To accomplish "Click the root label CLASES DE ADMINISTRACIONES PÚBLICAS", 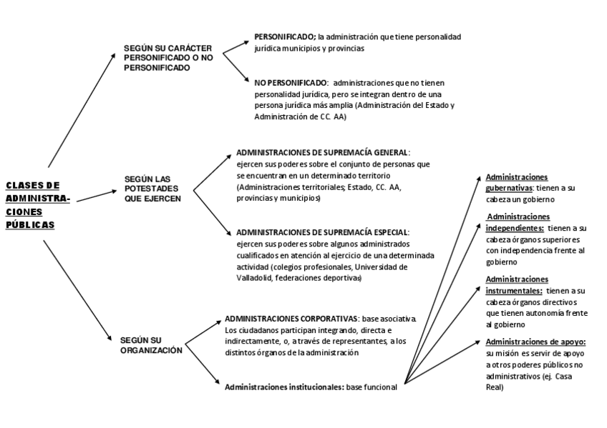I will point(37,204).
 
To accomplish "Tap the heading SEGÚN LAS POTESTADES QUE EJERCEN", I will point(152,189).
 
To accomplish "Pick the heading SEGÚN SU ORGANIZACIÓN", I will point(151,345).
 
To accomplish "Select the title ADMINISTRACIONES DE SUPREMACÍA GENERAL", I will point(322,153).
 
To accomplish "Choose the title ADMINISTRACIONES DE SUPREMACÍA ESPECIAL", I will point(322,233).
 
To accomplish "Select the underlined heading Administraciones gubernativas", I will point(517,182).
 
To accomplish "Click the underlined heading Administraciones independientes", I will point(518,222).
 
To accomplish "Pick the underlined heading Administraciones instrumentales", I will point(517,285).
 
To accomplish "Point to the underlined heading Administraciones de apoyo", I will point(535,342).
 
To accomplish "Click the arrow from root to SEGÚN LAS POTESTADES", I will point(97,195).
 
